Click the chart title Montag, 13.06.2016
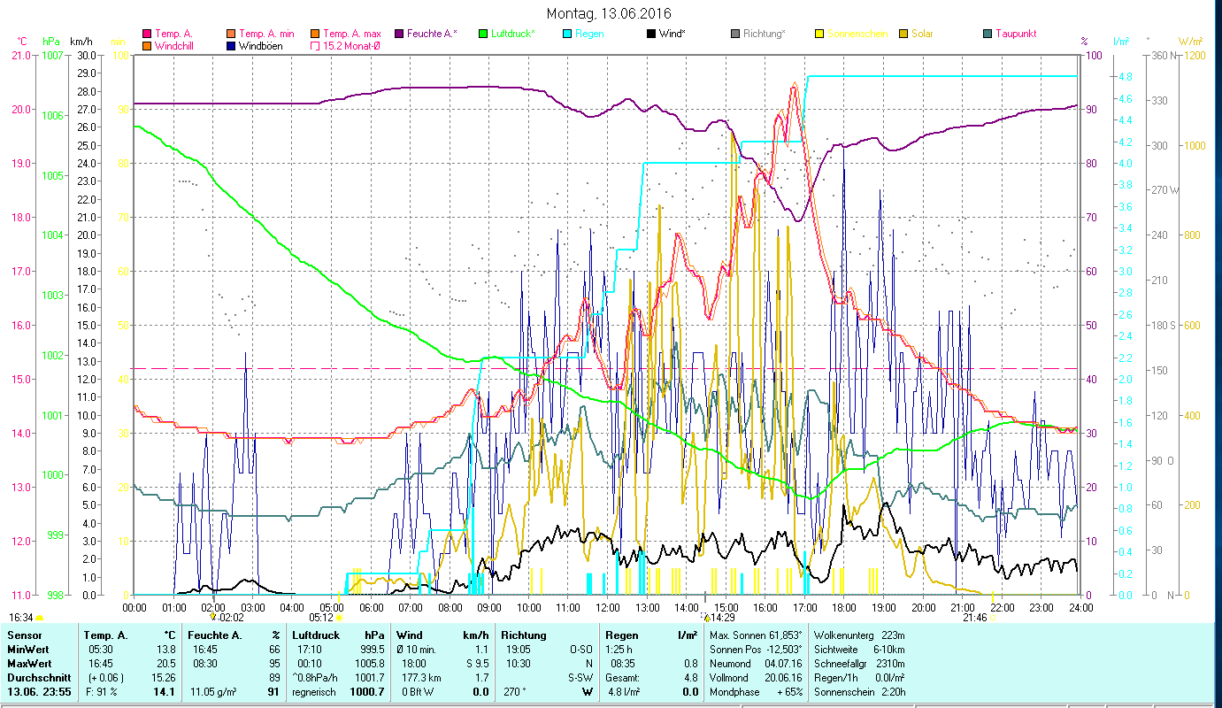click(609, 13)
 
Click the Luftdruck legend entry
click(510, 34)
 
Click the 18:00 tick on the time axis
click(844, 607)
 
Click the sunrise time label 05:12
click(320, 618)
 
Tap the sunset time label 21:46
click(975, 618)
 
